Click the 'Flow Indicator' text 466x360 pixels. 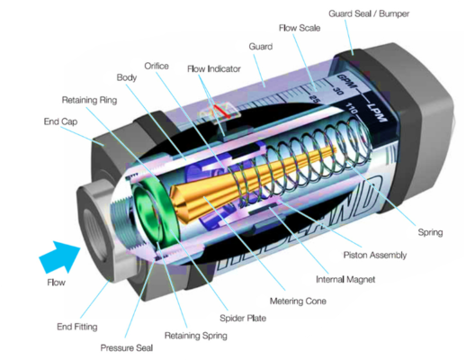pos(214,68)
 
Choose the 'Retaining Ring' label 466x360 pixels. pos(89,98)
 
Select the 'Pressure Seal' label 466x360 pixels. pos(121,345)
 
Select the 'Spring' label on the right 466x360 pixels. pos(431,231)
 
